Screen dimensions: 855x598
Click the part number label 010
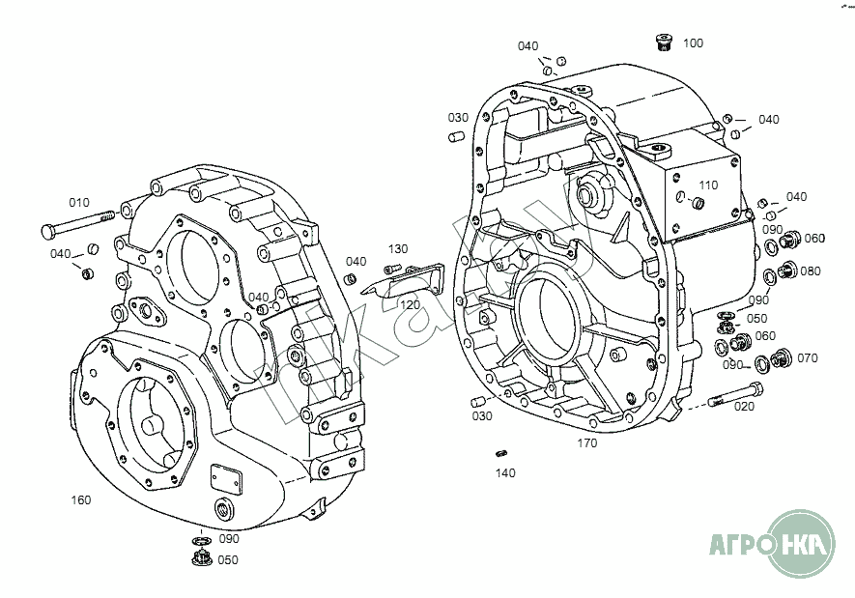tap(79, 203)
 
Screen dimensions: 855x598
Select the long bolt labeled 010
tap(78, 222)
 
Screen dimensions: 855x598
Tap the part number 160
tap(81, 499)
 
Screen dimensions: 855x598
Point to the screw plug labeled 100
tap(664, 42)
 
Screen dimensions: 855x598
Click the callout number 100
tap(693, 43)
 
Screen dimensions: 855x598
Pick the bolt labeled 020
tap(735, 395)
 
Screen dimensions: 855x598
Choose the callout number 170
tap(587, 443)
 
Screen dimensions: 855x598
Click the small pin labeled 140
tap(501, 453)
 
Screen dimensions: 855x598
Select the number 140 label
tap(505, 472)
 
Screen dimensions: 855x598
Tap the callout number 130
tap(398, 249)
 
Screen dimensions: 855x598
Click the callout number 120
tap(410, 304)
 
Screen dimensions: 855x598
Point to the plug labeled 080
tap(786, 270)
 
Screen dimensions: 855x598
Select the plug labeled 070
tap(783, 356)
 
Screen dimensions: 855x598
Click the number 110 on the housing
tap(708, 185)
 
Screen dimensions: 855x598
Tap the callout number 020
tap(744, 406)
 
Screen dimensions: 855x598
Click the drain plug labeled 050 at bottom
tap(202, 558)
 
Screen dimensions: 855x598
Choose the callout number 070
tap(808, 358)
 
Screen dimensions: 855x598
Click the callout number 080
tap(811, 271)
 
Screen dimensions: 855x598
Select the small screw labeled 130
tap(392, 269)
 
